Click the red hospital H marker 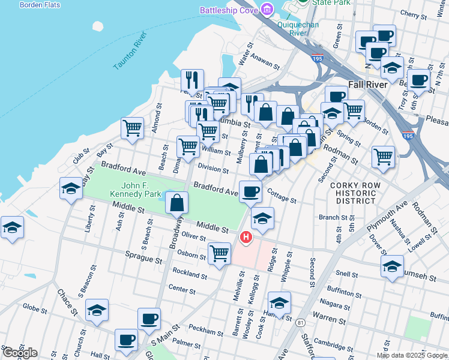click(246, 238)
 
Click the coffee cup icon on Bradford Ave click(250, 192)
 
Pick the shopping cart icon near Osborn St click(219, 253)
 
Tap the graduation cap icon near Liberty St click(71, 188)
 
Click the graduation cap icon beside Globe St click(97, 310)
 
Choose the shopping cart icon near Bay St click(132, 127)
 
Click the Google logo click(19, 353)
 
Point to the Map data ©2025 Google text click(412, 355)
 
